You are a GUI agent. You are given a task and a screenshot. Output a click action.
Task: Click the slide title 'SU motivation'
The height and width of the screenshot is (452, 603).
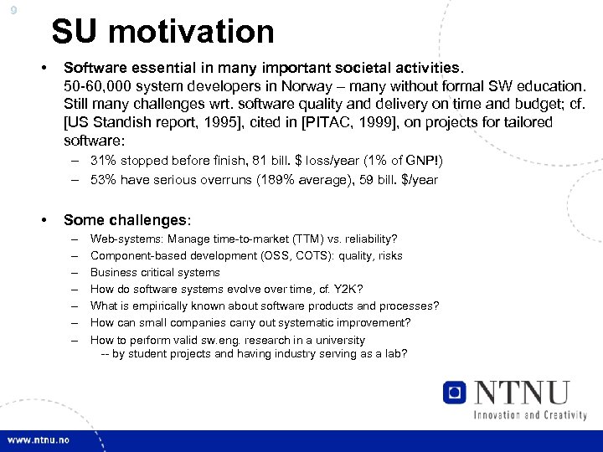pyautogui.click(x=162, y=32)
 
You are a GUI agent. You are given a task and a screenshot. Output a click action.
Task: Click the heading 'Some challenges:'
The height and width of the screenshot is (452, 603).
pyautogui.click(x=127, y=220)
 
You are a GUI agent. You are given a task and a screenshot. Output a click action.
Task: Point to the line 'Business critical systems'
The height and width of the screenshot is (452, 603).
pyautogui.click(x=155, y=273)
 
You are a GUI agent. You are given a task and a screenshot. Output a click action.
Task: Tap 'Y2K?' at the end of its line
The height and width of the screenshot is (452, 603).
pyautogui.click(x=372, y=290)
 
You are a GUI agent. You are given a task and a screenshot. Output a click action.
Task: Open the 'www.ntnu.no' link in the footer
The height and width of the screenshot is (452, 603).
pyautogui.click(x=39, y=440)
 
